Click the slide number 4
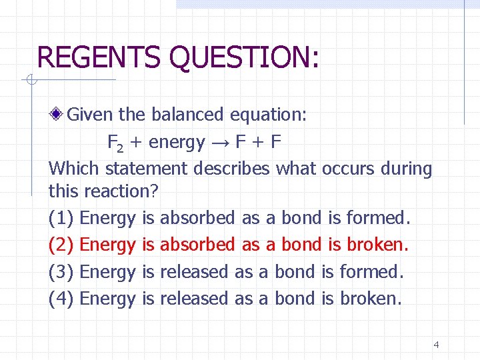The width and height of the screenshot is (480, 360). (x=436, y=345)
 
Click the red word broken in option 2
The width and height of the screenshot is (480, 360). (x=377, y=245)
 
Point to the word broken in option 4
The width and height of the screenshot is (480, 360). (x=371, y=299)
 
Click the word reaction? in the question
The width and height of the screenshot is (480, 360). (x=121, y=192)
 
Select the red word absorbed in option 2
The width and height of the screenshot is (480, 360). (x=198, y=245)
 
